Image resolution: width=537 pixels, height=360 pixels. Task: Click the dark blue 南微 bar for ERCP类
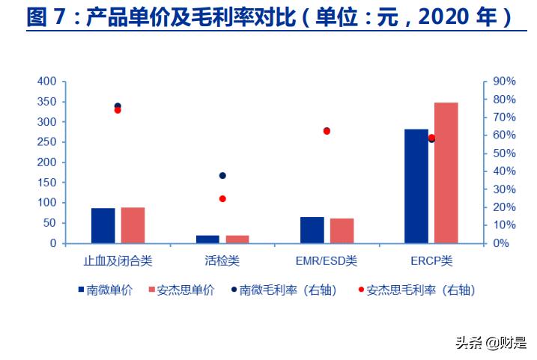(x=416, y=186)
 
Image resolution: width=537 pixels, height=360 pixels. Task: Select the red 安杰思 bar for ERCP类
(x=446, y=173)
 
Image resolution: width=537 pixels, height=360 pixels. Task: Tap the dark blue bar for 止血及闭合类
(x=103, y=225)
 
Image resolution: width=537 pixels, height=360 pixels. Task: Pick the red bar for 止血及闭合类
(x=133, y=225)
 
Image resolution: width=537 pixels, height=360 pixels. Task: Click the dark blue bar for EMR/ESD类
(x=312, y=230)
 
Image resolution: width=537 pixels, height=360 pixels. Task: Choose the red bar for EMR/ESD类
(x=342, y=231)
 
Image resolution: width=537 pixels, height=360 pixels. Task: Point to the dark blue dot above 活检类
(x=222, y=176)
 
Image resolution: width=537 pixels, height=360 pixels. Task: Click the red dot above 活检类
(x=222, y=199)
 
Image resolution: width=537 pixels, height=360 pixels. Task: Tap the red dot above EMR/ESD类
(x=327, y=131)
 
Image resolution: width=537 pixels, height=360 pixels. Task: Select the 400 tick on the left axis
(x=46, y=82)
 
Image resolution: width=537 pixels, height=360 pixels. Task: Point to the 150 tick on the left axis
(x=46, y=183)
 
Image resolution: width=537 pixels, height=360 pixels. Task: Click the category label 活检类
(x=222, y=261)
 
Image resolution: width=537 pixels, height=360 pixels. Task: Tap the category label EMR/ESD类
(x=327, y=261)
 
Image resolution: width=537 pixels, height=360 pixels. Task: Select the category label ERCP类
(x=431, y=261)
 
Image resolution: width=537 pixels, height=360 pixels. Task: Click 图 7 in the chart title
(x=47, y=17)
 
